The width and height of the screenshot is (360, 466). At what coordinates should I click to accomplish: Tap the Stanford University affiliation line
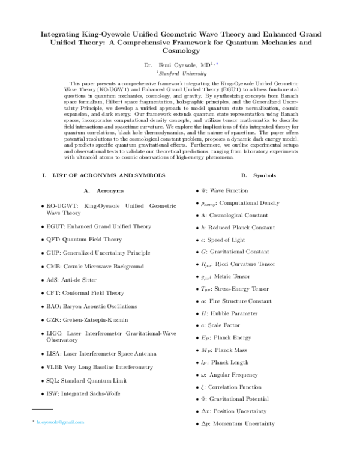180,71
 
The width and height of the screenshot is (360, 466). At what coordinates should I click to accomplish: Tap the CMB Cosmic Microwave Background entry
95,266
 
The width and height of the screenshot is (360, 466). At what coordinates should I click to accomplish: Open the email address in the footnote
60,423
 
